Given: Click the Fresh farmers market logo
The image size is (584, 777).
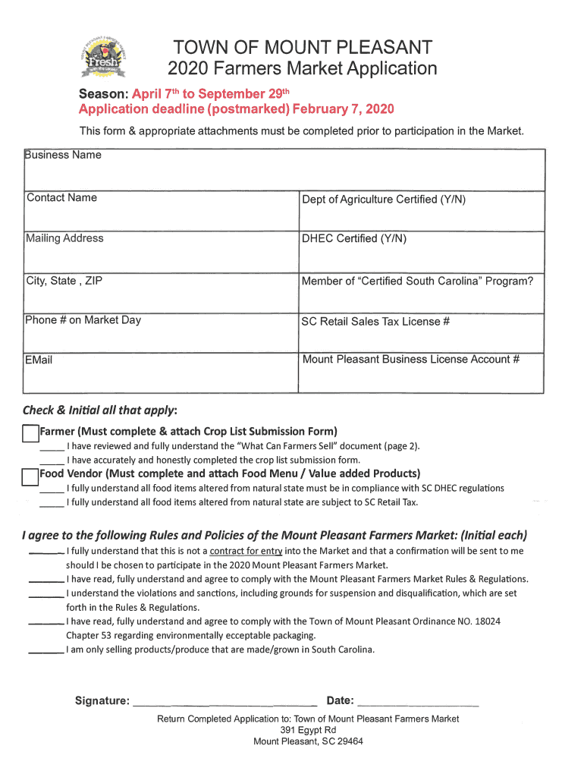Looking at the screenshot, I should click(x=106, y=56).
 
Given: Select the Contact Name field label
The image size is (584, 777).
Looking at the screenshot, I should click(x=61, y=198).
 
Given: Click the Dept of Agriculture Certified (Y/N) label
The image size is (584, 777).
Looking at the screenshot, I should click(x=383, y=200).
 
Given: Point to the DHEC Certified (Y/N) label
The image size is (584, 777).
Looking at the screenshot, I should click(x=353, y=239).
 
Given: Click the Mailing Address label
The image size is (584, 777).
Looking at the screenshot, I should click(x=64, y=239).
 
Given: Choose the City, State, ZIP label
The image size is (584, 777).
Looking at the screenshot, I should click(x=64, y=282).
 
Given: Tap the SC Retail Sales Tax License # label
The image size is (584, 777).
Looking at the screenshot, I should click(x=375, y=322).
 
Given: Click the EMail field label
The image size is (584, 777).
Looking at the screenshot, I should click(x=39, y=360).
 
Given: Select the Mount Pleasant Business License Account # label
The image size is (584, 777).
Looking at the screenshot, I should click(x=410, y=360).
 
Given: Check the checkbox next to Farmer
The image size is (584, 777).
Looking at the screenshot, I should click(x=30, y=433).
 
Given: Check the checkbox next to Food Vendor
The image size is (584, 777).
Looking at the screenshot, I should click(x=30, y=476).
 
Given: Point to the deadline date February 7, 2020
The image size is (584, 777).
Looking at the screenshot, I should click(x=343, y=109).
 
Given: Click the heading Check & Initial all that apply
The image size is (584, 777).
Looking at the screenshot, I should click(x=99, y=411).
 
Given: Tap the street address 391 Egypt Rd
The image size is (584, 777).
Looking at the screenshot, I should click(x=308, y=730).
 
